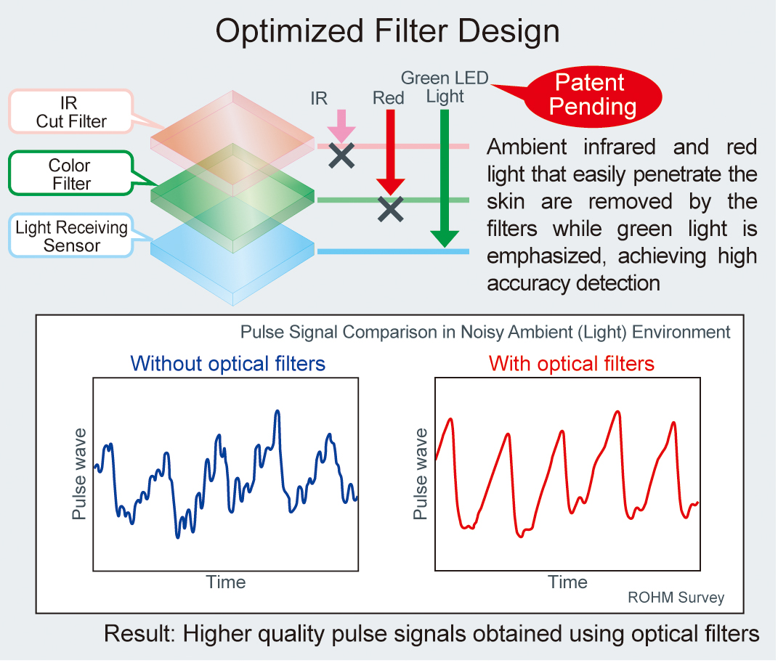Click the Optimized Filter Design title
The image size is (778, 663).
coord(387,31)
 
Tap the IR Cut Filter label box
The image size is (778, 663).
coord(71,112)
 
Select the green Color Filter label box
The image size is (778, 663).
coord(71,174)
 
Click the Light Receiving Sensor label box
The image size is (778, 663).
coord(71,235)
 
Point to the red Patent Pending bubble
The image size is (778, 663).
coord(593,96)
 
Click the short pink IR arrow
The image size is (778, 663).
coord(341,126)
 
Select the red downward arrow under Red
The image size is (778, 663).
coord(391,152)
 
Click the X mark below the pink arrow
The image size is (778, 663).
coord(341,155)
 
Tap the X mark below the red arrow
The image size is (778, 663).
coord(391,208)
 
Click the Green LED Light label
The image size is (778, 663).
coord(445,87)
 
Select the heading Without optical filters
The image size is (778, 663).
coord(228,364)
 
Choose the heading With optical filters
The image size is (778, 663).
coord(572,364)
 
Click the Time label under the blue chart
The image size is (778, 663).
coord(226,582)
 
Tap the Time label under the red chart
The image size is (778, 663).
coord(567,582)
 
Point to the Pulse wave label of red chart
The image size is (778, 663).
coord(421,474)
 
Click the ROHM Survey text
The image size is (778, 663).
coord(676,598)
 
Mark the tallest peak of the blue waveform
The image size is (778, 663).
coord(277,411)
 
